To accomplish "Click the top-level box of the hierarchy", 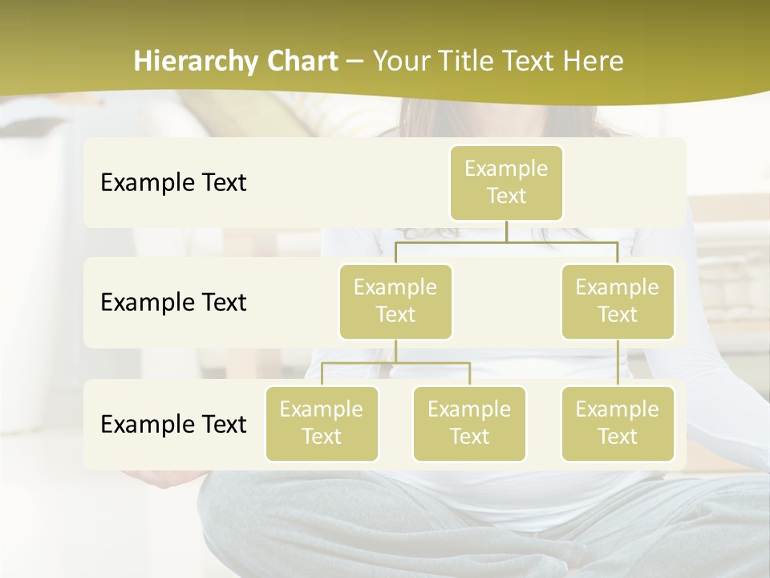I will point(506,182).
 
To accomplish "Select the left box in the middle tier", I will point(395,301).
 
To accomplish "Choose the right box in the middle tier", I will point(618,301).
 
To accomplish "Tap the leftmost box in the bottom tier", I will point(322,423).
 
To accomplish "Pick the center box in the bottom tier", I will point(469,423).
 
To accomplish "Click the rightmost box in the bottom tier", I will point(618,423).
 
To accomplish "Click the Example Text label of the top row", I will point(173,182).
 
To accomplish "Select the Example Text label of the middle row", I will point(173,302).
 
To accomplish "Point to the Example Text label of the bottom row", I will point(173,424).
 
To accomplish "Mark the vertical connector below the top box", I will point(506,231).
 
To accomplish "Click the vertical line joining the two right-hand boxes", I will point(618,363).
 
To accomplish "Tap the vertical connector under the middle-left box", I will point(395,351).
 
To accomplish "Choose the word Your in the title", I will point(399,61).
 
